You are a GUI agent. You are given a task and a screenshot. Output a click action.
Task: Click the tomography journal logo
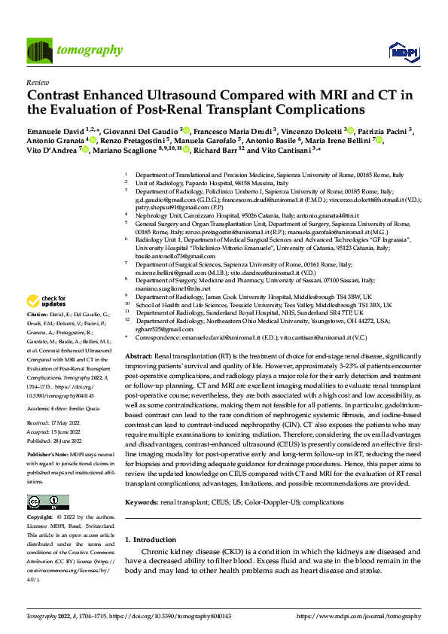(x=75, y=50)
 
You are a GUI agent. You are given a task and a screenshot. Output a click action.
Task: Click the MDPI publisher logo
(x=403, y=51)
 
